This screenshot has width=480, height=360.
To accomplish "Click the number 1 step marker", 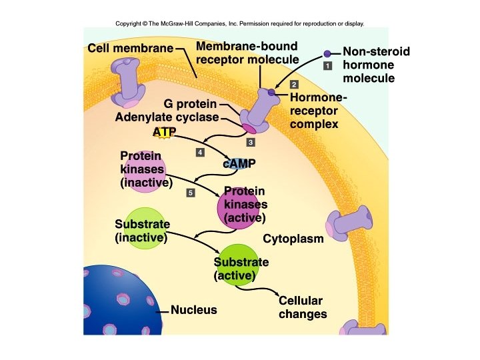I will click(x=328, y=66).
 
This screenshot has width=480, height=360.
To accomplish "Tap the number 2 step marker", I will click(x=294, y=84).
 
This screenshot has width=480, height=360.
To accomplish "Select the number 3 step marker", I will click(x=251, y=143).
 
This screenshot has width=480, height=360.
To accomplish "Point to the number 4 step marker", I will click(x=199, y=153).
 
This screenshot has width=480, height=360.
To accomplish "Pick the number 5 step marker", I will click(x=190, y=193).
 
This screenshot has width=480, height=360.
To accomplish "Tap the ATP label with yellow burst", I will click(x=163, y=132).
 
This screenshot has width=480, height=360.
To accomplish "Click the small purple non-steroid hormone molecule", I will click(x=327, y=53).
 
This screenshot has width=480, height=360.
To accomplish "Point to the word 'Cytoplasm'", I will click(x=293, y=239).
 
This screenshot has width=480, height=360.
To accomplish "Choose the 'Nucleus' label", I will click(x=193, y=310).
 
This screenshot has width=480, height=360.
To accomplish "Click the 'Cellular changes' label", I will click(x=302, y=307).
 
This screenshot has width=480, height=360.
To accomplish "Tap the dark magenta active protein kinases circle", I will click(x=238, y=209).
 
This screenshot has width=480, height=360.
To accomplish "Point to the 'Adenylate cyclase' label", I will click(x=167, y=117).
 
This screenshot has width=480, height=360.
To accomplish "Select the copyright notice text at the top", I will click(x=240, y=23).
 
